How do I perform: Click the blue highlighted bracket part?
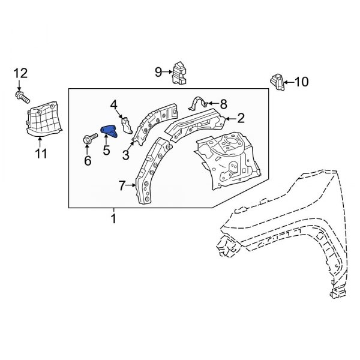tap(110, 131)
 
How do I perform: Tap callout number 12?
tap(20, 74)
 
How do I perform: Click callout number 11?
tap(40, 155)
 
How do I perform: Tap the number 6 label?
tap(88, 160)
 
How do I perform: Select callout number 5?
tap(106, 150)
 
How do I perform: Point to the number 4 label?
tap(114, 106)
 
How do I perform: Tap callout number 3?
tap(126, 155)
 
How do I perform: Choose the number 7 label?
tap(122, 187)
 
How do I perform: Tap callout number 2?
tap(241, 117)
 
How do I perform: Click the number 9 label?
tap(158, 73)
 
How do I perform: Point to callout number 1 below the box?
tap(113, 220)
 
